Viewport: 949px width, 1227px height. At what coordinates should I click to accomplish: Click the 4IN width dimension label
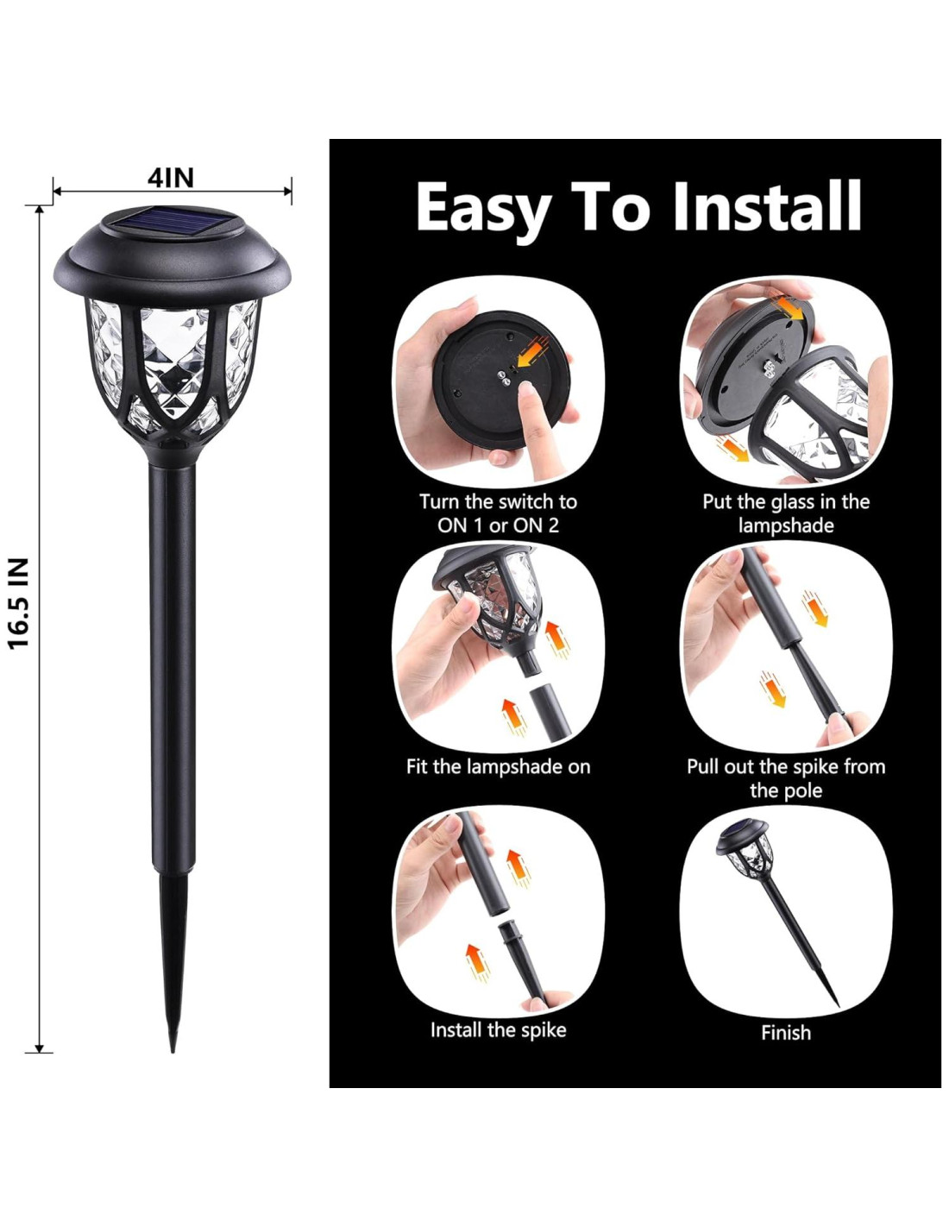(171, 179)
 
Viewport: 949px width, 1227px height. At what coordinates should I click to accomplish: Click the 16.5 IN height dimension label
(19, 604)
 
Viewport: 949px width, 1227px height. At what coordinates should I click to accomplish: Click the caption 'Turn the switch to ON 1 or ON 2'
(498, 513)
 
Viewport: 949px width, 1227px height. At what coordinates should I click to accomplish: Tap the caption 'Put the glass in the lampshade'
(786, 513)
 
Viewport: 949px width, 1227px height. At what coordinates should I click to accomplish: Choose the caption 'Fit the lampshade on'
(498, 766)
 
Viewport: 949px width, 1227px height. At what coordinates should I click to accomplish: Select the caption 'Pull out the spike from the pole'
(786, 777)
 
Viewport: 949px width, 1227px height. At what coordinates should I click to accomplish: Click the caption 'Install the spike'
(498, 1029)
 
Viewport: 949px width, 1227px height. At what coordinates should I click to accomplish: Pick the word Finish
(786, 1032)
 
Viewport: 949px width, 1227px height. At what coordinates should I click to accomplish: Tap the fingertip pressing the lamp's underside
(525, 391)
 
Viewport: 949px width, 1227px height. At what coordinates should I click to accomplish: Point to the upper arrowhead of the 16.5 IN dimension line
(40, 210)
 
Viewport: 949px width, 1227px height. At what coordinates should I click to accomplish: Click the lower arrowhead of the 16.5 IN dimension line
(40, 1047)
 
